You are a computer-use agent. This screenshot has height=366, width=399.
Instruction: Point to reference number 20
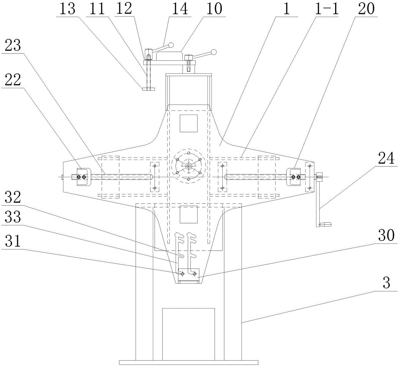point(366,9)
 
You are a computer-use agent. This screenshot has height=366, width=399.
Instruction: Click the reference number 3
point(386,283)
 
